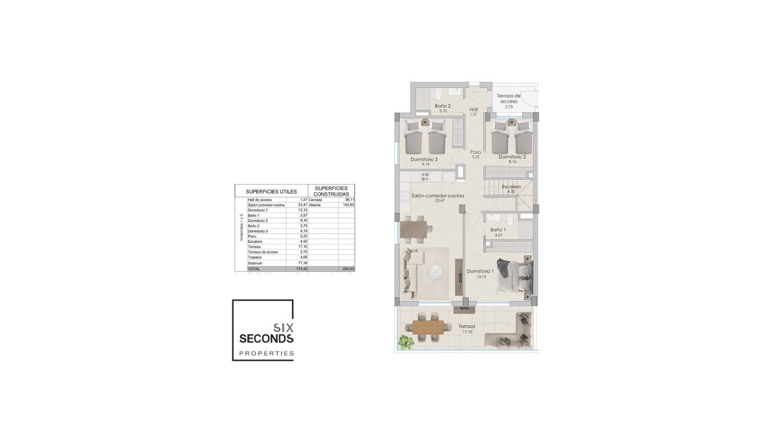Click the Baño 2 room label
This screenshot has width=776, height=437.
(x=443, y=106)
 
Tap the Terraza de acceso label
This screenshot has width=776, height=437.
(x=508, y=99)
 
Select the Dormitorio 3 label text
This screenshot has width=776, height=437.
(x=424, y=159)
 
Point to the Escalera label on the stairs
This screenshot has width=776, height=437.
(x=511, y=187)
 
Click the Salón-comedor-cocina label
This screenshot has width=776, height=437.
(x=438, y=196)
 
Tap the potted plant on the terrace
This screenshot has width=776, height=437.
(x=405, y=342)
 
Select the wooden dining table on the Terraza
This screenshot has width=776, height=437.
(x=428, y=327)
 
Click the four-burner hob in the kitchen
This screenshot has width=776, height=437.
(x=425, y=177)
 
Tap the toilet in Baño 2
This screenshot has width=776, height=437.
(x=438, y=96)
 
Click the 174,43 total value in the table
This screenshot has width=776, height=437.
(x=302, y=269)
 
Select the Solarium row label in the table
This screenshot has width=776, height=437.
(x=255, y=263)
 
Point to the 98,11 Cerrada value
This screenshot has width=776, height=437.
(x=350, y=200)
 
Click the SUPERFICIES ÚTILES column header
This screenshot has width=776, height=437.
(x=271, y=192)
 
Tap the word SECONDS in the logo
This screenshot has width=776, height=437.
(x=266, y=338)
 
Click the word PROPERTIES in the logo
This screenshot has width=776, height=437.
(x=266, y=353)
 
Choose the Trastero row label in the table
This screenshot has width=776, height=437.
(x=255, y=257)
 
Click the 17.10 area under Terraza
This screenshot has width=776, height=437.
(x=467, y=332)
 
